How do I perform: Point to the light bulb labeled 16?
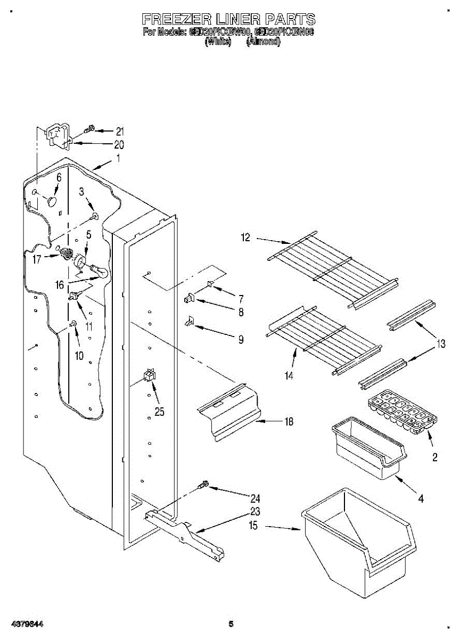click(100, 272)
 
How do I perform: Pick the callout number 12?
click(245, 238)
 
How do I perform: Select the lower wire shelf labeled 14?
click(319, 340)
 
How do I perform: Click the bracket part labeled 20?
click(59, 135)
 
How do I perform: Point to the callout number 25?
click(159, 411)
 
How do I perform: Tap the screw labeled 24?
click(203, 485)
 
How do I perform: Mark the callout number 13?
click(441, 344)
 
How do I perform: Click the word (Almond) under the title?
click(264, 42)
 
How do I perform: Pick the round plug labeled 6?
click(52, 201)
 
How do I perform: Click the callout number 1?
click(118, 158)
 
